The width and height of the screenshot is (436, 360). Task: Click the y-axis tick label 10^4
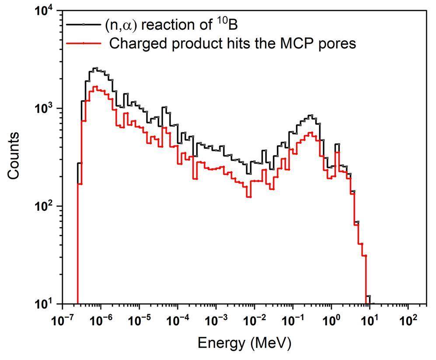(x=46, y=12)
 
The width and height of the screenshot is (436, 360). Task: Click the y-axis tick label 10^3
(x=46, y=108)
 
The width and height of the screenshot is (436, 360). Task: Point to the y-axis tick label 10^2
(x=46, y=206)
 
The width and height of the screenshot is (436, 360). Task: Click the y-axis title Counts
(x=14, y=155)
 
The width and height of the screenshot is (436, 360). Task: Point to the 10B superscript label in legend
(x=228, y=24)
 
